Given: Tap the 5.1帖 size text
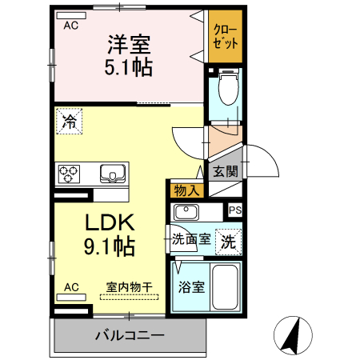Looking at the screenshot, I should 128,67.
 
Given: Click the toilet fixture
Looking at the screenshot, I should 227,89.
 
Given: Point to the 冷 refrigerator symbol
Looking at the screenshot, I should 70,122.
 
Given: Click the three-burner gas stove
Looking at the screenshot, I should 68,173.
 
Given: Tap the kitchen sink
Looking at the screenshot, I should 112,173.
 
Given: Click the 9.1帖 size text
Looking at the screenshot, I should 109,246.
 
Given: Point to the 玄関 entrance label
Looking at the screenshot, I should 225,170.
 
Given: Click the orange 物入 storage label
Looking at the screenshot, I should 186,190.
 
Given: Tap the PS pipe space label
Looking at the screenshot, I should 234,210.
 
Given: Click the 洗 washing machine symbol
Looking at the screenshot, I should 228,241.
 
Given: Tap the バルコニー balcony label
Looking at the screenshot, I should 129,334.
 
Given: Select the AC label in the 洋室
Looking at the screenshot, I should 71,25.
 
